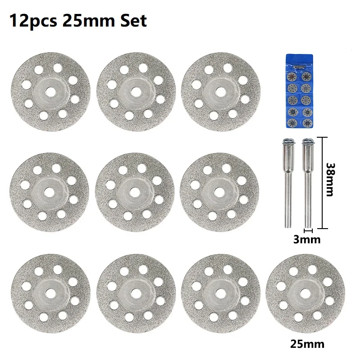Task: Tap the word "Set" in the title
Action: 132,21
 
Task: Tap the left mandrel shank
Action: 288,189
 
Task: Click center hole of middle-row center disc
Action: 134,191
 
